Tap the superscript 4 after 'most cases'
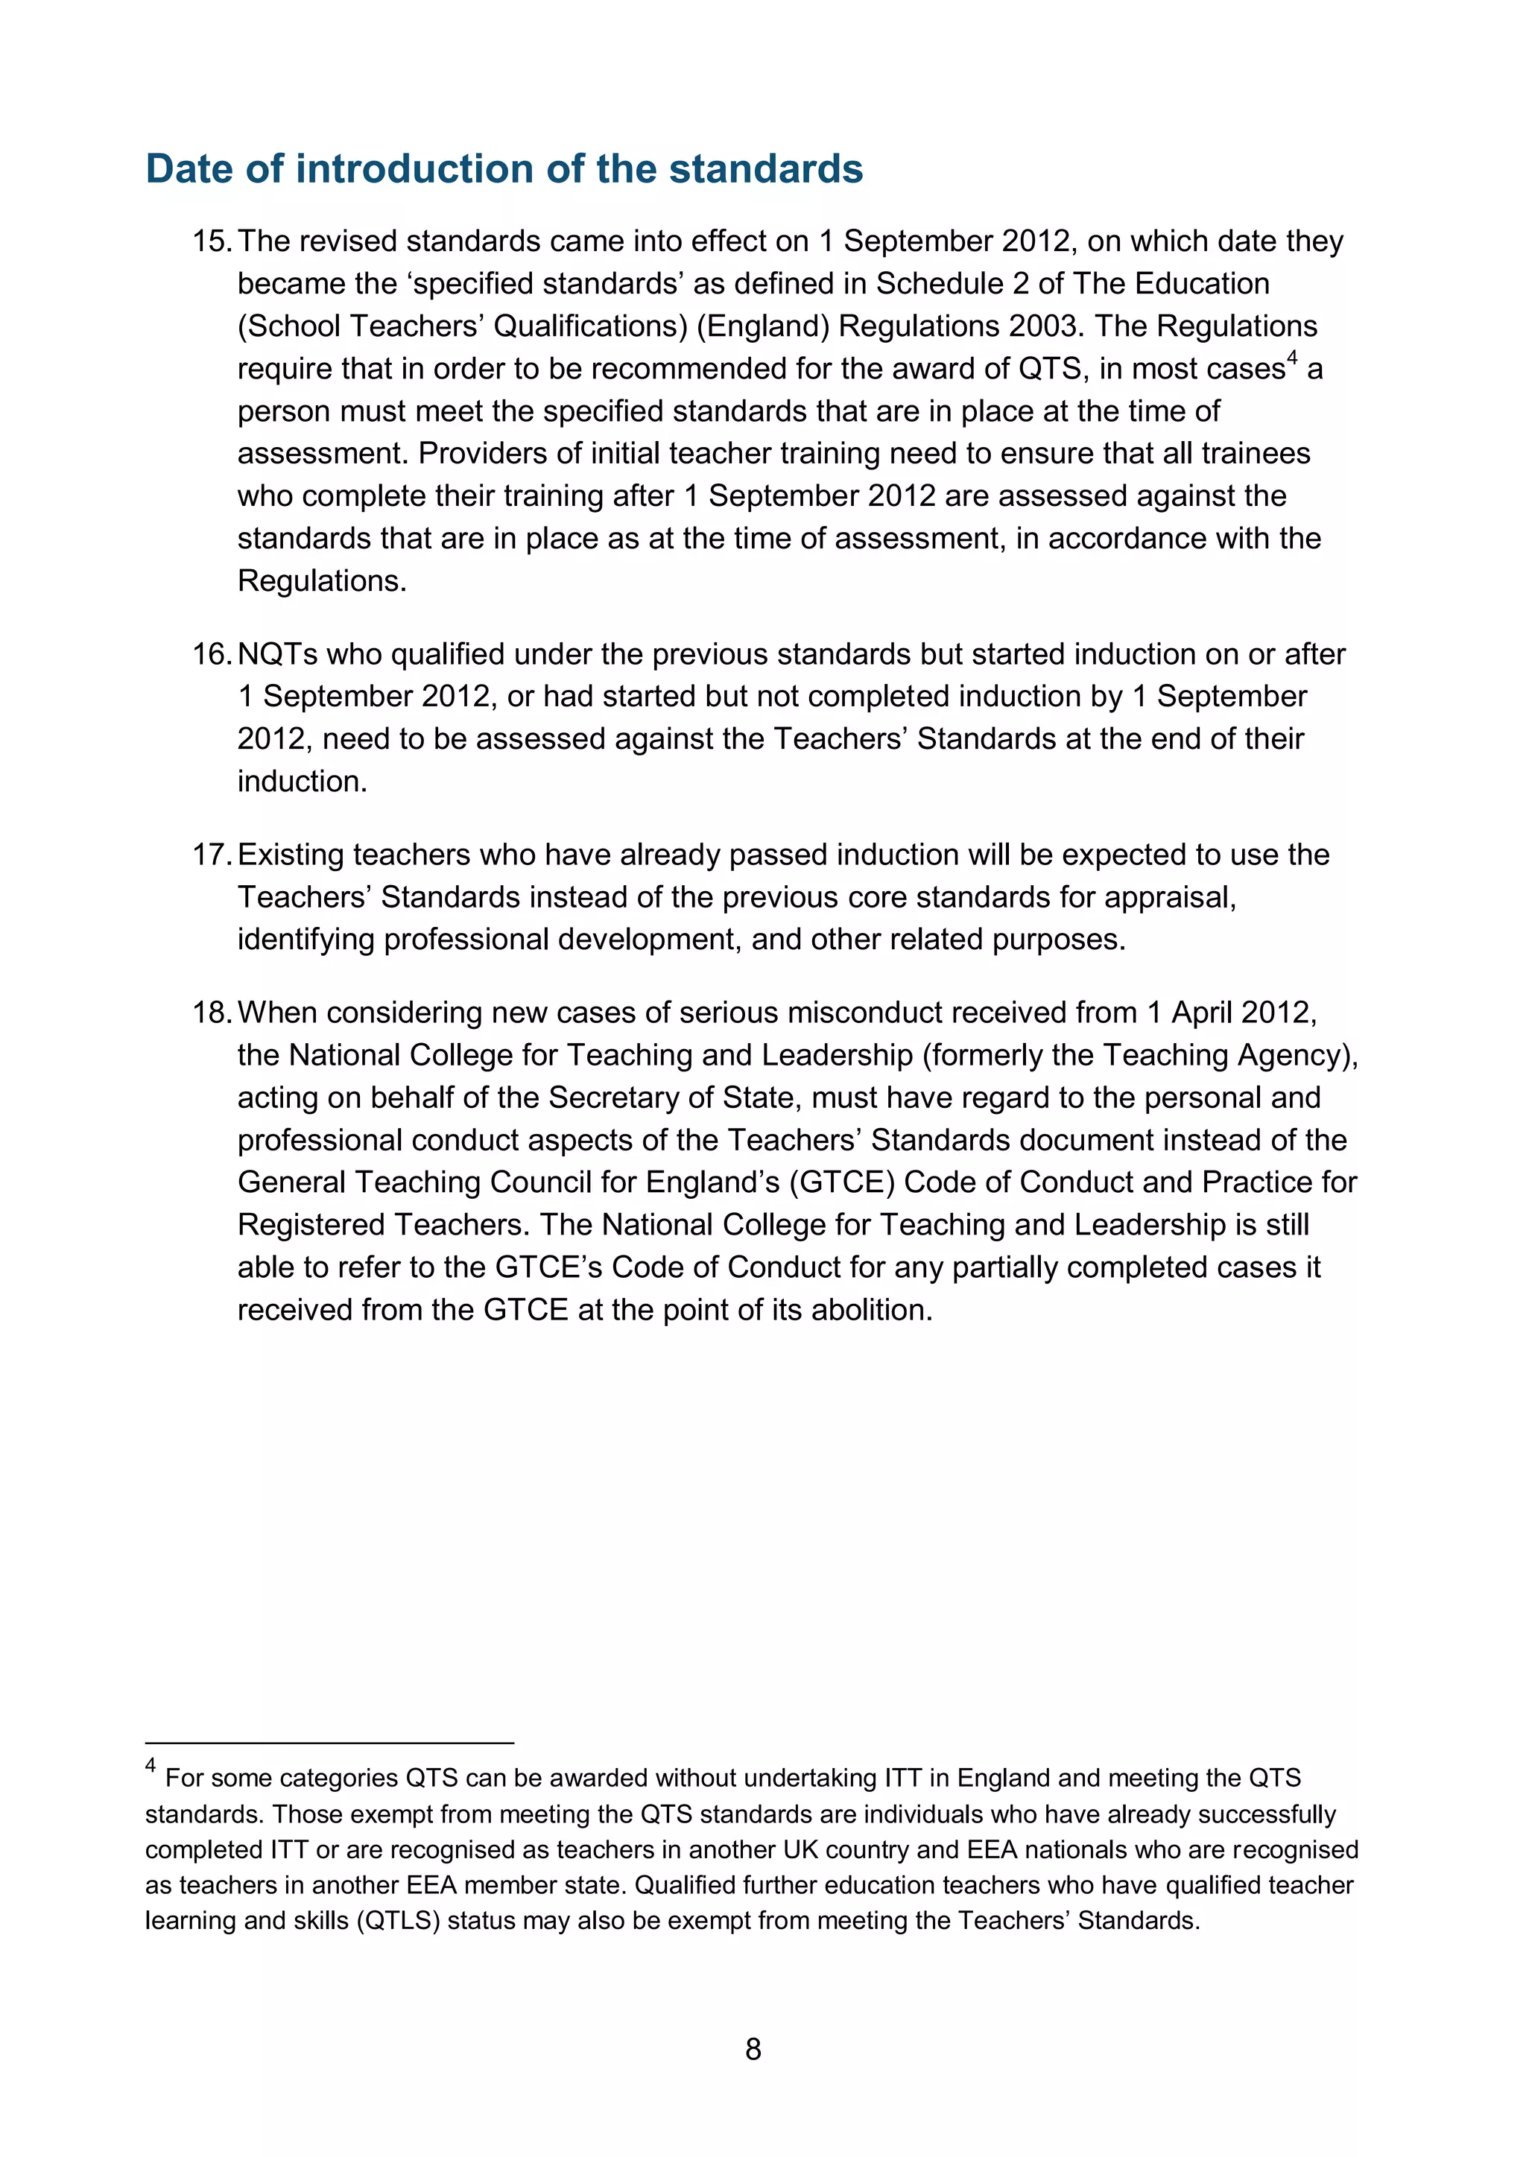tap(1292, 358)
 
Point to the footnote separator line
tap(329, 1743)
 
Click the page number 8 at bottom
tap(753, 2049)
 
